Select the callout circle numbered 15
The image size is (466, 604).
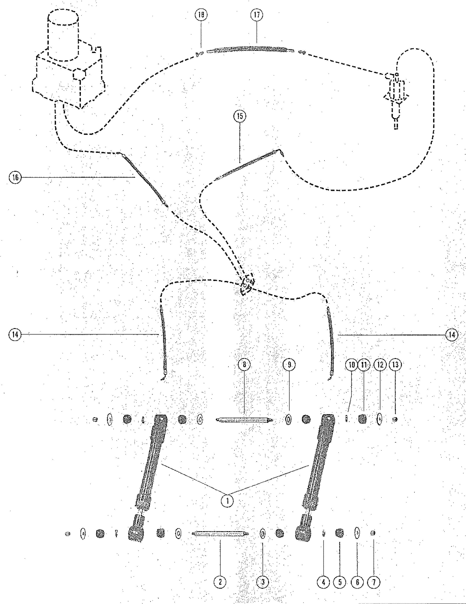pyautogui.click(x=240, y=116)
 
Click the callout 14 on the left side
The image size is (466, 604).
pyautogui.click(x=15, y=335)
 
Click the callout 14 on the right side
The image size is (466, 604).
pyautogui.click(x=451, y=335)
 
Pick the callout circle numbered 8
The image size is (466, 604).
pyautogui.click(x=244, y=365)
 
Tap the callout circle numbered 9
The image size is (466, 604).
pyautogui.click(x=289, y=365)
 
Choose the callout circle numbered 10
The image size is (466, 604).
pyautogui.click(x=352, y=365)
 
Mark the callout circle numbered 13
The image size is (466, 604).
pyautogui.click(x=395, y=365)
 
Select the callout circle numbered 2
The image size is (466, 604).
pyautogui.click(x=220, y=582)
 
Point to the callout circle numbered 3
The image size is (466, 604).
pyautogui.click(x=263, y=582)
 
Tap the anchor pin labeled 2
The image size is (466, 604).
pyautogui.click(x=220, y=533)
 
